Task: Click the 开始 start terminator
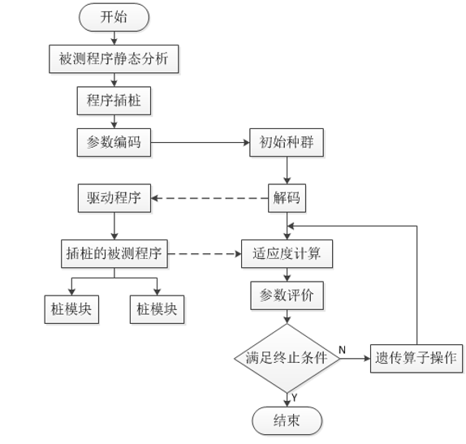(x=114, y=17)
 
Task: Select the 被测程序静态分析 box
(x=114, y=59)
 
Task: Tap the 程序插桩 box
(x=114, y=101)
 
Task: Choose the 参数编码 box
(x=114, y=142)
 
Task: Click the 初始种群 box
(x=287, y=142)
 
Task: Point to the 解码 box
(x=287, y=197)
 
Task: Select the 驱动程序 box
(x=114, y=198)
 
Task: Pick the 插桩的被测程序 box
(x=114, y=253)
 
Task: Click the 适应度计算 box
(x=287, y=253)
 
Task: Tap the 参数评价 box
(x=287, y=295)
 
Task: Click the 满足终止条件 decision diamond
(x=287, y=357)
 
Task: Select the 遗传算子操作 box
(x=416, y=357)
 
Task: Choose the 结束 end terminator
(x=287, y=420)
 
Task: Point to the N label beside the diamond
(x=342, y=349)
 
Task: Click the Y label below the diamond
(x=294, y=396)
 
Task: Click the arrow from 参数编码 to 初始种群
(x=199, y=142)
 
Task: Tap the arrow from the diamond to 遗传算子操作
(x=353, y=357)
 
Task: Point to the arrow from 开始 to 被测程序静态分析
(x=114, y=37)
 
